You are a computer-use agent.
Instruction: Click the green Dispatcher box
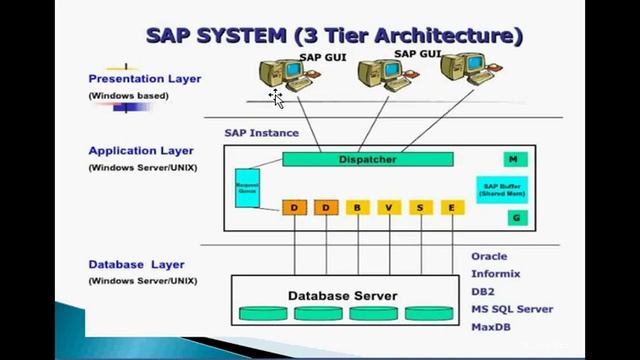click(368, 160)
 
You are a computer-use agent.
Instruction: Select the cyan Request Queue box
click(247, 187)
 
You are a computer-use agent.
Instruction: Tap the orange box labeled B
click(356, 208)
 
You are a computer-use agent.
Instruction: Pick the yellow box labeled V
click(388, 208)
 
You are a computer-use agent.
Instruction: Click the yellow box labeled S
click(421, 208)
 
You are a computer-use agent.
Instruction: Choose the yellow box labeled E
click(453, 208)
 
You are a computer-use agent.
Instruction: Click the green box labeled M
click(513, 160)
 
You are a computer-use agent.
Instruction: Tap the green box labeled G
click(516, 217)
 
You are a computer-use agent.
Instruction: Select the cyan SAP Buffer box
click(505, 189)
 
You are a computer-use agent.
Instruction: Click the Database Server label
click(343, 296)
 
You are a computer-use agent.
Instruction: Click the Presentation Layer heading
click(145, 78)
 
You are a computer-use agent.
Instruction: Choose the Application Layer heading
click(141, 151)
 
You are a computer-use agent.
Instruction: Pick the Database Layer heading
click(137, 265)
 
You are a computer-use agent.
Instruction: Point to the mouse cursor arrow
click(276, 97)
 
